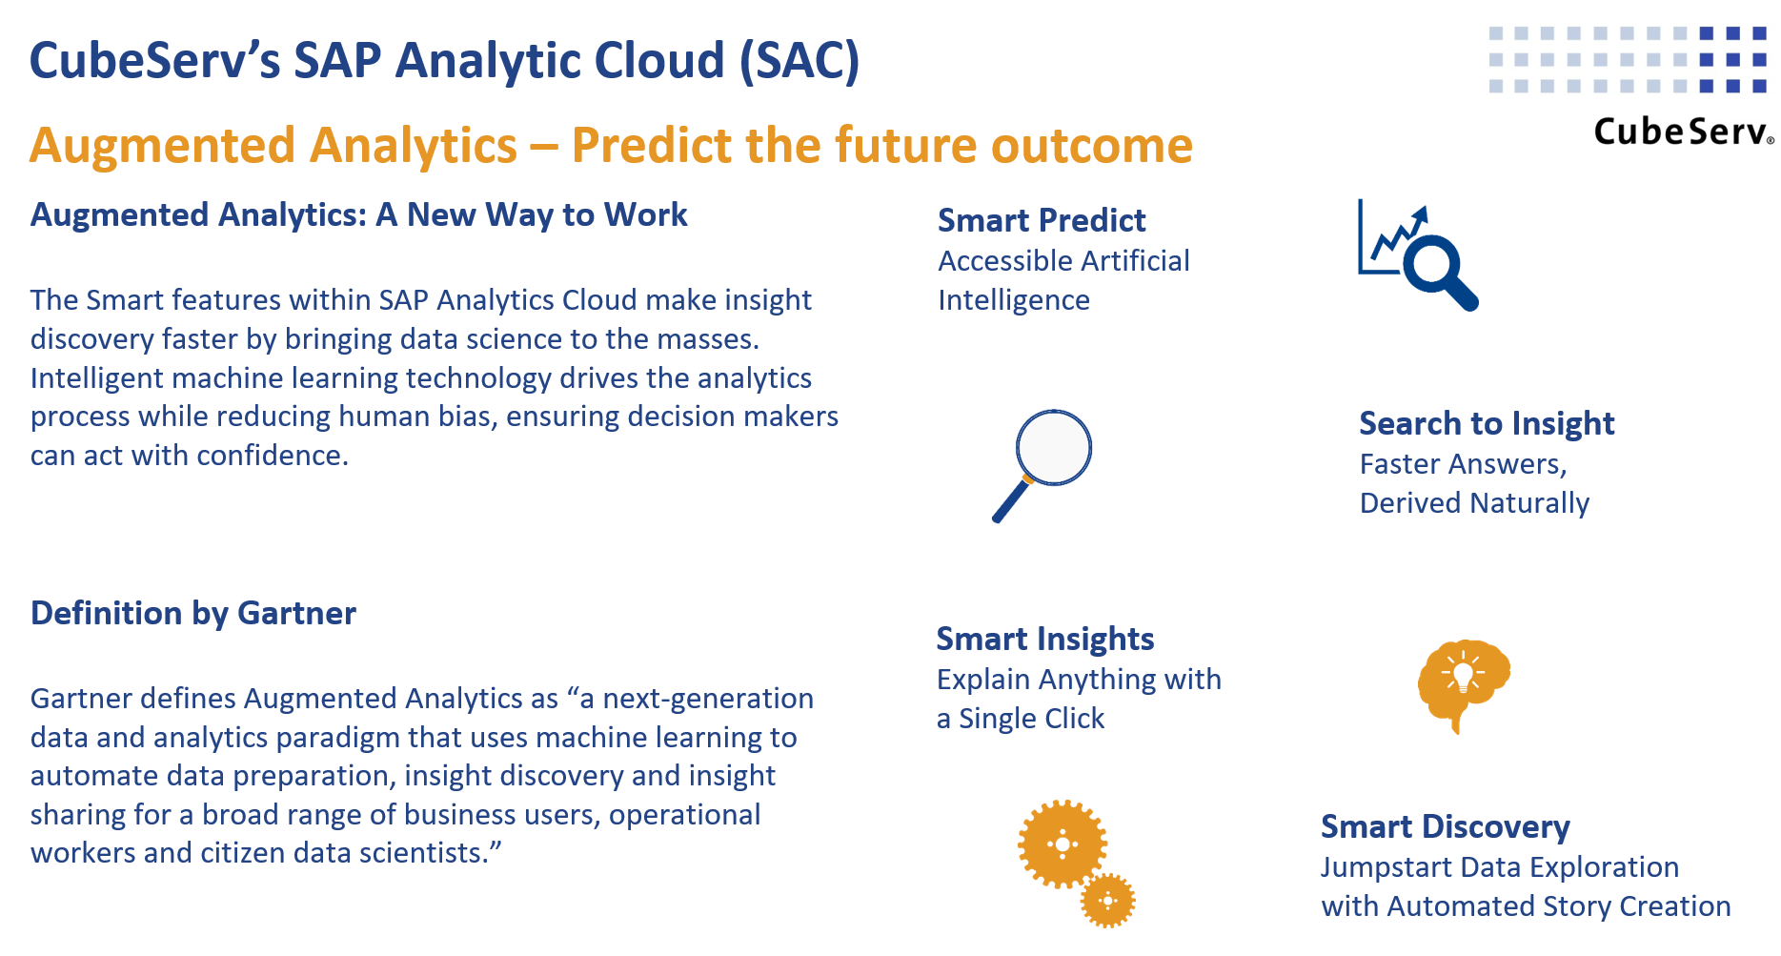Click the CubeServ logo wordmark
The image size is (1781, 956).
point(1682,132)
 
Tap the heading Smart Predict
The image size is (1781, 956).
point(1042,220)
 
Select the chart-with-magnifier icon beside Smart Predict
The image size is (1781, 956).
point(1417,254)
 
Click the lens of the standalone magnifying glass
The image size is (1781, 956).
point(1053,447)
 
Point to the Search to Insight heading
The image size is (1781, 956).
point(1487,423)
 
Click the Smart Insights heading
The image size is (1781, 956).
point(1044,639)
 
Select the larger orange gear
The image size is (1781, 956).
point(1062,844)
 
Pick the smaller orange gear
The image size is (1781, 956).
point(1108,900)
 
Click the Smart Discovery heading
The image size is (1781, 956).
point(1445,826)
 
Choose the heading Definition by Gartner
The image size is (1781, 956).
point(193,613)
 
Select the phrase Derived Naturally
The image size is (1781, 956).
point(1474,503)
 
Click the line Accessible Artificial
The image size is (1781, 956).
point(1063,261)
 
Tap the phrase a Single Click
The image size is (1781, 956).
point(1020,719)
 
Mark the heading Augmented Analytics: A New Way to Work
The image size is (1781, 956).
point(358,215)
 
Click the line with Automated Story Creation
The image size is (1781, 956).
point(1526,906)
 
